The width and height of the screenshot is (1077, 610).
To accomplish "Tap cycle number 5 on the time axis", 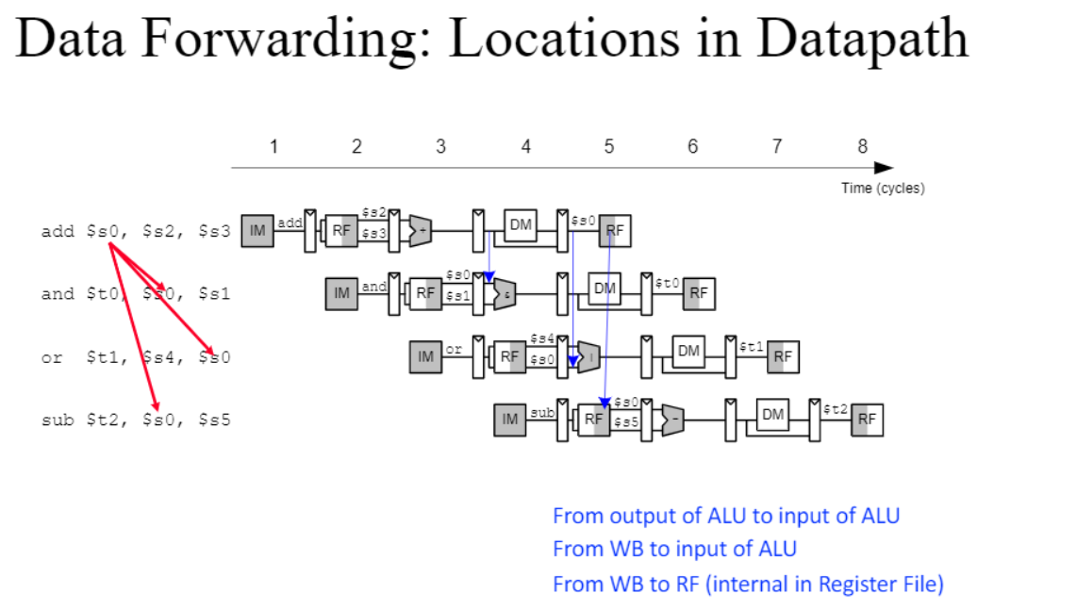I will (609, 146).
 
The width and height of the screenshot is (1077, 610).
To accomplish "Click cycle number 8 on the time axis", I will (862, 146).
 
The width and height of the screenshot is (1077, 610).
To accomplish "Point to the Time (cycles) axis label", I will (883, 188).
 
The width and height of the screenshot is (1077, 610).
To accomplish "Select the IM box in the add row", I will (257, 230).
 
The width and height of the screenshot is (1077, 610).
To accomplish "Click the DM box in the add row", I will (521, 224).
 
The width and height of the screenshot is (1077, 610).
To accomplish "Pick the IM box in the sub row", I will (510, 419).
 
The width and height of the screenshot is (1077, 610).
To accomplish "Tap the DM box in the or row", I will (689, 351).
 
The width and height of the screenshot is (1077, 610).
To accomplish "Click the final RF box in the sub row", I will (868, 420).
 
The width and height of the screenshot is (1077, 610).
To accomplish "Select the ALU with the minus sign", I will (672, 420).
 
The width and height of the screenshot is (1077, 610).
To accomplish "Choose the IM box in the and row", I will (341, 293).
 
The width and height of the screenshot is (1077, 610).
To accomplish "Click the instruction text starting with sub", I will (136, 420).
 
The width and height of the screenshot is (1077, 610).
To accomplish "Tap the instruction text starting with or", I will (136, 357).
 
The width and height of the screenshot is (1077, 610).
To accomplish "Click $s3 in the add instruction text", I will (214, 231).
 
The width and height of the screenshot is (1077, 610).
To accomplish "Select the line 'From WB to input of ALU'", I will (674, 549).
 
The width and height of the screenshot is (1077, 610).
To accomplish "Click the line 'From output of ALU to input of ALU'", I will (726, 516).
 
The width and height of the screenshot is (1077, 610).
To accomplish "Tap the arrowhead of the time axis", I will (884, 168).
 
